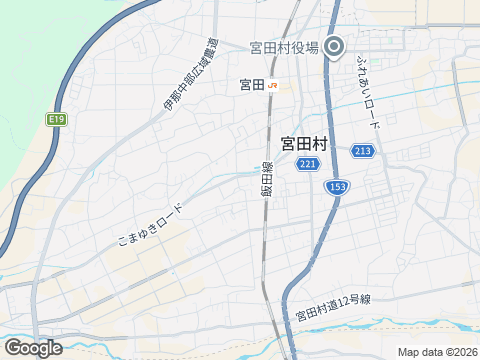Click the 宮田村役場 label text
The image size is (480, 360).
[x=284, y=47]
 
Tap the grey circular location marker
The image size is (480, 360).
[x=335, y=47]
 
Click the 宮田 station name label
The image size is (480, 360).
[x=252, y=85]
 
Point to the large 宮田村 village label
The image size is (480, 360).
[x=303, y=144]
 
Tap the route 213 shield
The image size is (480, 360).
[x=363, y=151]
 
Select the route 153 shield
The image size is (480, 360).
[x=336, y=187]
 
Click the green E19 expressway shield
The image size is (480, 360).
[x=56, y=120]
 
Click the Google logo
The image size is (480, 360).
[x=32, y=347]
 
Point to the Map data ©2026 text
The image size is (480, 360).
[x=437, y=352]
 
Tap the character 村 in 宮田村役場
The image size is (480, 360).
[x=284, y=47]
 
